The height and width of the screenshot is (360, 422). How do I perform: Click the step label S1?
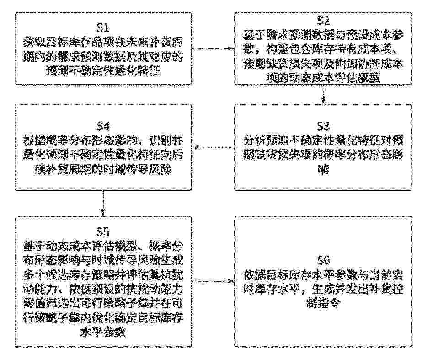point(103,27)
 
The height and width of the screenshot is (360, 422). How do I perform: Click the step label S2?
point(323,20)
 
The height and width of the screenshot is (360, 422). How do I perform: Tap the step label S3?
point(323,126)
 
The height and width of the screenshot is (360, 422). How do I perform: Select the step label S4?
point(103,126)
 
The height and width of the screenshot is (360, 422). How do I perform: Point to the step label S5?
point(103,231)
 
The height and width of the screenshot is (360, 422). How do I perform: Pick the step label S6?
point(323,260)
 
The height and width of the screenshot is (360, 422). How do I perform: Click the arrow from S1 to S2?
point(213,49)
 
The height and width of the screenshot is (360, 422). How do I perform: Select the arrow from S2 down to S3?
point(323,95)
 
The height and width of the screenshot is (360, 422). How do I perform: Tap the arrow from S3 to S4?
point(213,147)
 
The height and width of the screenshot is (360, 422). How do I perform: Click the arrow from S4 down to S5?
point(103,203)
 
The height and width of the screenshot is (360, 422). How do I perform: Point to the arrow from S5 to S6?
point(213,282)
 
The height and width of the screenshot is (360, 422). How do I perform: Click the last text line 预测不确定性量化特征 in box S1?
point(103,71)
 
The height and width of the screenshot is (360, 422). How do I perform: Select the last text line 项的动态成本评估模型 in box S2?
point(323,78)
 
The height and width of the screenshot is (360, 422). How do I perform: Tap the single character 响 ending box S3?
point(323,170)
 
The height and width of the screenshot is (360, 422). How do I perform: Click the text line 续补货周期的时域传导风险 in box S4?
point(103,170)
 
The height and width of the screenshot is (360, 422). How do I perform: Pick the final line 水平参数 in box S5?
point(103,332)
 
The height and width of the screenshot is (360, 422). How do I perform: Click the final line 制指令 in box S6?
point(323,304)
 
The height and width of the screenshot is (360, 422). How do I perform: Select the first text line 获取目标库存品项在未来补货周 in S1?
point(103,42)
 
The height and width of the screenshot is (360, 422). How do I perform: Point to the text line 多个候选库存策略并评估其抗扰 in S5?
point(103,275)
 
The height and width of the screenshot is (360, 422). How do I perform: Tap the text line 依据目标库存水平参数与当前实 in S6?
point(323,275)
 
